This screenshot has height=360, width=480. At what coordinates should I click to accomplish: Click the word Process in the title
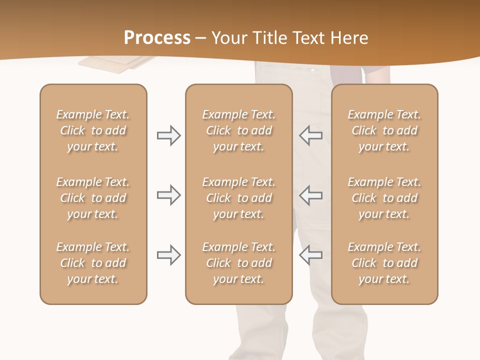coord(157,38)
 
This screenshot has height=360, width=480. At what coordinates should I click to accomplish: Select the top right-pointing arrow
coord(168,135)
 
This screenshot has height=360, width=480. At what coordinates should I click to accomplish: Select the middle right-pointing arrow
coord(168,195)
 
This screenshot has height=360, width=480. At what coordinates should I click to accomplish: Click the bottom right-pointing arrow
coord(168,255)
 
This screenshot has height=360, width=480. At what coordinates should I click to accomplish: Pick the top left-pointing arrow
coord(311,135)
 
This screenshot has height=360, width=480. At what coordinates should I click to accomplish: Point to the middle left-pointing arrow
coord(311,195)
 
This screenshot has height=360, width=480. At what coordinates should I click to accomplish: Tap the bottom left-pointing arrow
coord(311,255)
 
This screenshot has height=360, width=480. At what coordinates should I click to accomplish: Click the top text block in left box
coord(93,130)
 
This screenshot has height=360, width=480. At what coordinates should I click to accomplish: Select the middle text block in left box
coord(93,198)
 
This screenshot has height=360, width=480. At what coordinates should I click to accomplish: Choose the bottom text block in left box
coord(93,263)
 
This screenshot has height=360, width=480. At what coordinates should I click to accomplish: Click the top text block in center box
coord(238,130)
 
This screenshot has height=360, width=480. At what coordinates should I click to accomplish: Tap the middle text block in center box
coord(238,198)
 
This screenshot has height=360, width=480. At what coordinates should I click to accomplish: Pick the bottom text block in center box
coord(238,263)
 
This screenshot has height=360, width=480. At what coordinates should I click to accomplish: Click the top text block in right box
coord(384,130)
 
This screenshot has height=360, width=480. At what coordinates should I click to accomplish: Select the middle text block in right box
coord(384,198)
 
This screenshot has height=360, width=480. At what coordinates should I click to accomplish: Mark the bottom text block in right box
coord(384,263)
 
